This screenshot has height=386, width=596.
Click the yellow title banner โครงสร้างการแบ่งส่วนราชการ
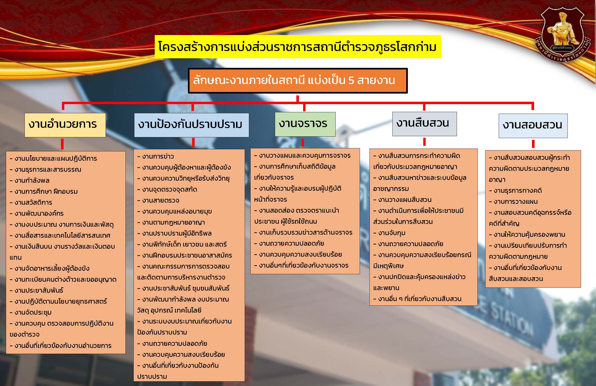pos(298,47)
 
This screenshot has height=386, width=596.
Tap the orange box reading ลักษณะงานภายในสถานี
pos(298,81)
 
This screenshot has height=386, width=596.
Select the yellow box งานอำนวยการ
pos(65,125)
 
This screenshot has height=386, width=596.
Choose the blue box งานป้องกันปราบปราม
pos(192,125)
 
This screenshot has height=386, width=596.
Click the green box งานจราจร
pos(305,124)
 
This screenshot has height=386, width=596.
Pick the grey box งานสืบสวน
pos(424,124)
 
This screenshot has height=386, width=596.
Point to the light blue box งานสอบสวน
pos(533,126)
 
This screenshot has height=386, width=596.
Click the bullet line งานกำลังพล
pos(29,180)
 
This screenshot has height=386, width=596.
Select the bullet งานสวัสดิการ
pos(31,202)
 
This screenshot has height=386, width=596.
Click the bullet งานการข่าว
pos(155,157)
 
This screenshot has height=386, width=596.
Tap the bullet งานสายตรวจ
pos(158,200)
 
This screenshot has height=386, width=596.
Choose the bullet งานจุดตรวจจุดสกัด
pos(167,189)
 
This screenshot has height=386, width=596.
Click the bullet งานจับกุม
pos(389,233)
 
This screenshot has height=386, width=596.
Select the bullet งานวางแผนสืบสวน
pos(402,200)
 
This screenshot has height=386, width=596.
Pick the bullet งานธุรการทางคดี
pos(515,190)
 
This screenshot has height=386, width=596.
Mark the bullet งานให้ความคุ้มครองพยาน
pos(527,235)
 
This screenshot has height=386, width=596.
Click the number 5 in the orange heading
pos(352,80)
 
